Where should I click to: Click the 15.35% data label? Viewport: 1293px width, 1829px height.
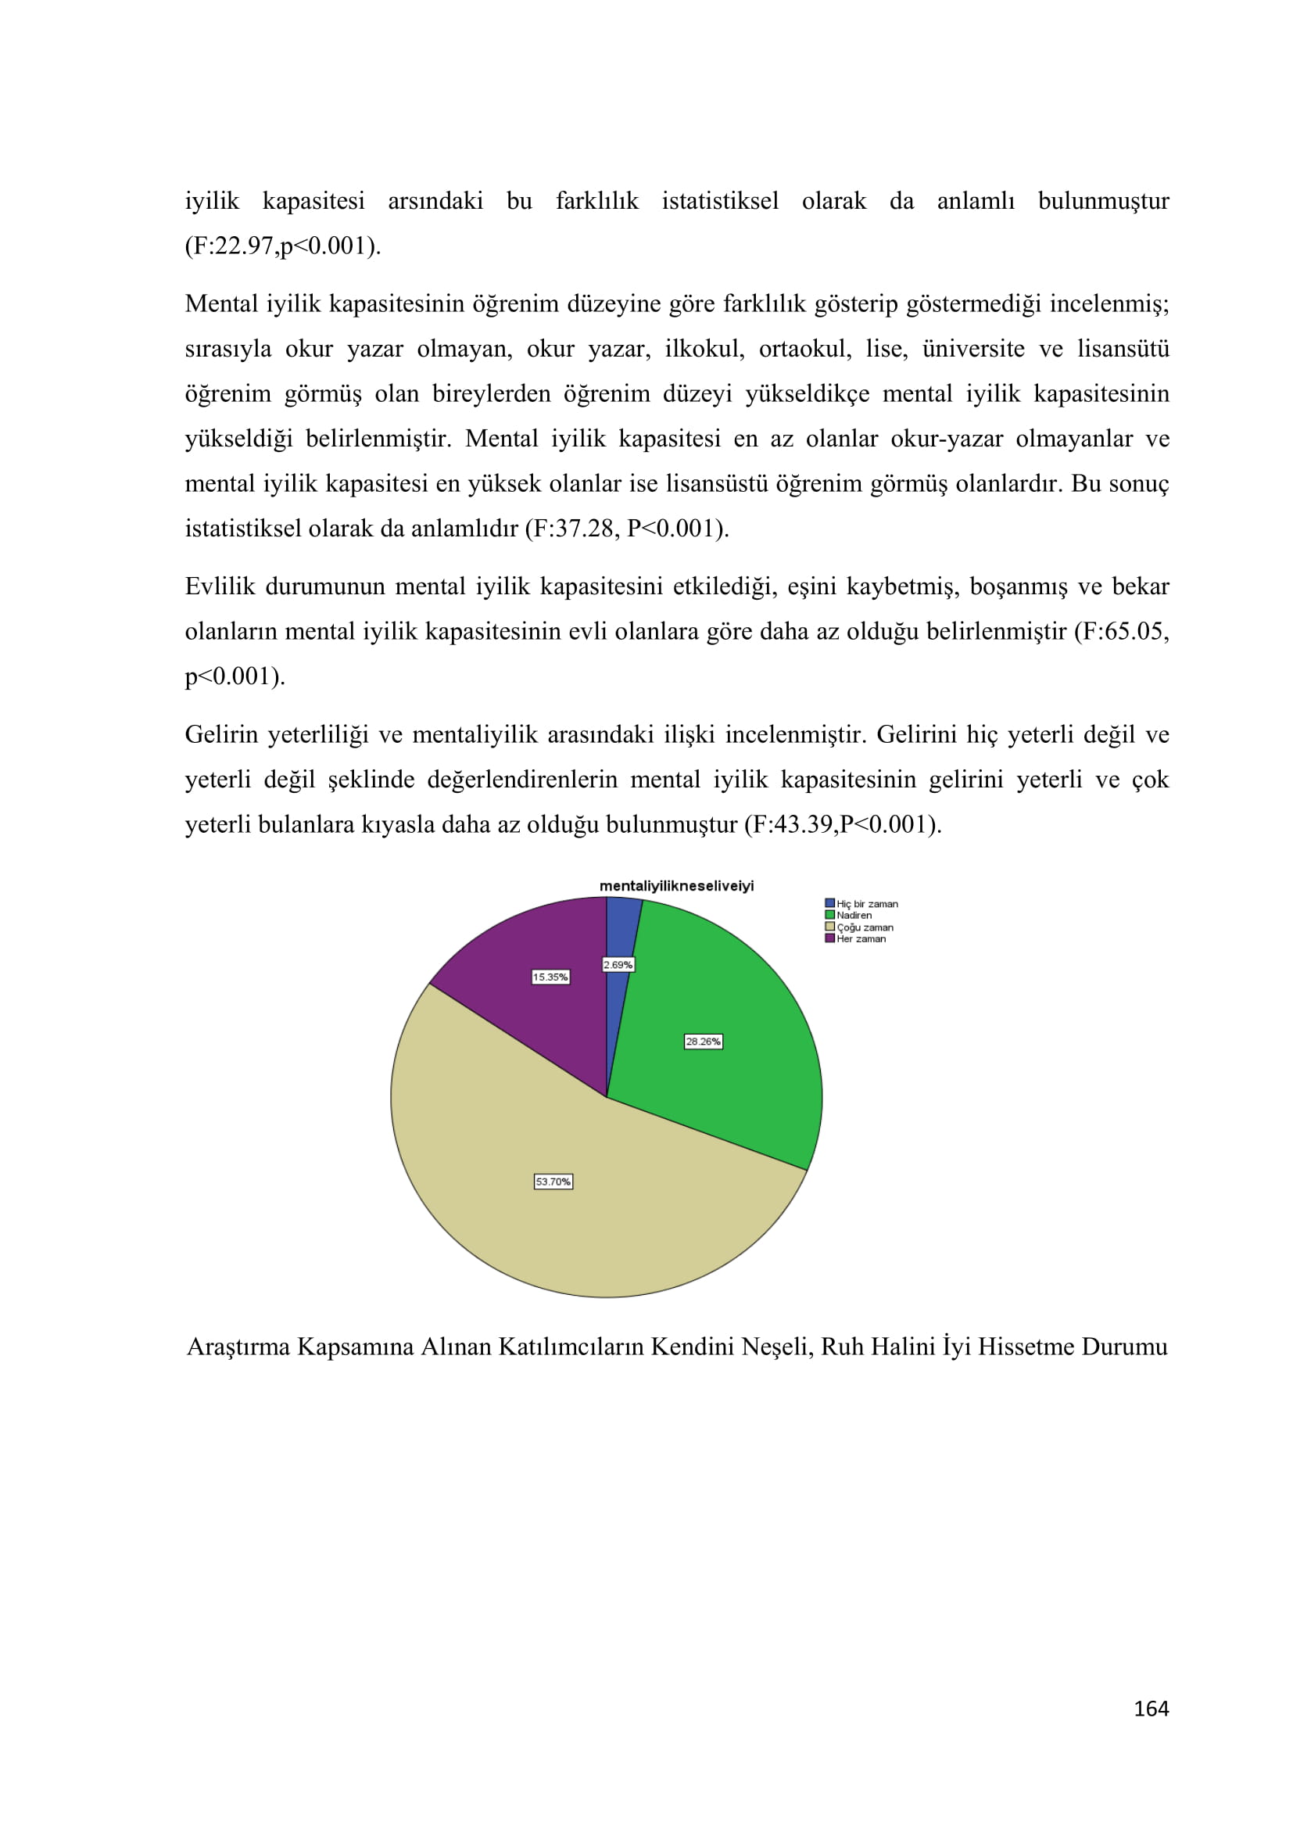(x=551, y=977)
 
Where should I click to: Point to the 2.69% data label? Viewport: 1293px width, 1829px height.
(x=618, y=965)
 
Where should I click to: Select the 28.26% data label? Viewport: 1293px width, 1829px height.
(x=704, y=1041)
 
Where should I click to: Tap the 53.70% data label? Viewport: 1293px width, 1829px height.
(x=553, y=1182)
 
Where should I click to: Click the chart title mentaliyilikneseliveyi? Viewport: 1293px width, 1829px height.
(x=676, y=886)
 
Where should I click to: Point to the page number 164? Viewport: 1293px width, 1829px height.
(x=1151, y=1708)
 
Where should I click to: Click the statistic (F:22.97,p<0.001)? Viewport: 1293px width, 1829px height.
(x=283, y=246)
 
